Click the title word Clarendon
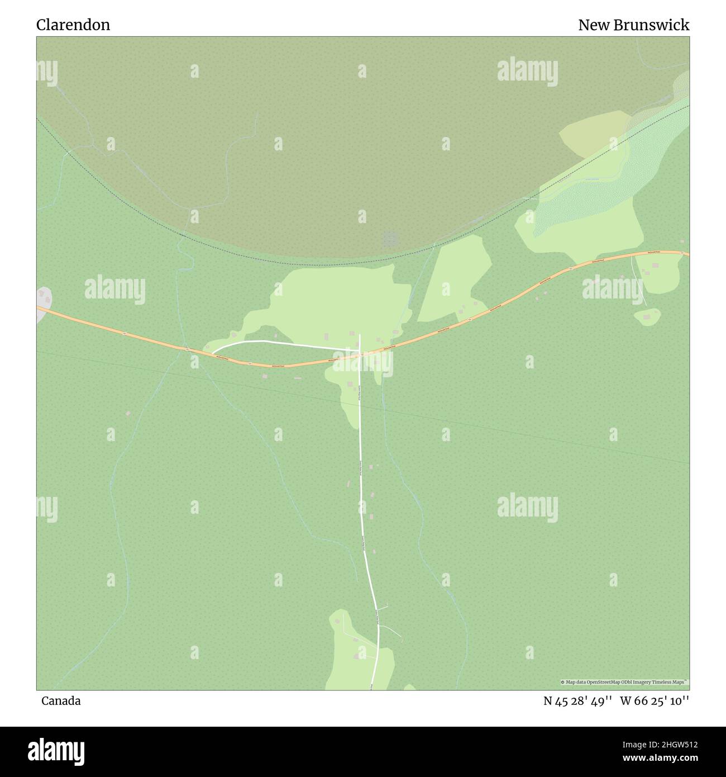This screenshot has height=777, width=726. (x=73, y=25)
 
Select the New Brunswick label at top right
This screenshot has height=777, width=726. (x=633, y=25)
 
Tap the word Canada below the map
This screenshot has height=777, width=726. (x=61, y=701)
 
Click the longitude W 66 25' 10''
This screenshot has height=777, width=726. (x=654, y=701)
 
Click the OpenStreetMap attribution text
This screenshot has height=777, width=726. (x=624, y=682)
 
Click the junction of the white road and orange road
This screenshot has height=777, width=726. (x=360, y=354)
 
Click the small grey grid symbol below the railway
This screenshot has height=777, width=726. (x=390, y=239)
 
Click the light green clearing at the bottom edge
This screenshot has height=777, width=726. (x=352, y=654)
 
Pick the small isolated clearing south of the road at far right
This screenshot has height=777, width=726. (x=647, y=317)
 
